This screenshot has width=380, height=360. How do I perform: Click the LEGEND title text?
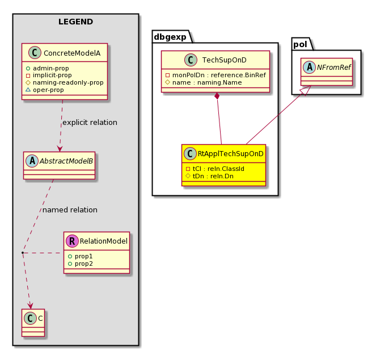pos(75,22)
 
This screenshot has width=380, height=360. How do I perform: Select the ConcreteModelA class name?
pos(72,53)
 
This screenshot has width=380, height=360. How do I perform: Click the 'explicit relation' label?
pos(90,123)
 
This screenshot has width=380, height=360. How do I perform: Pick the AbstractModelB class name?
pos(66,161)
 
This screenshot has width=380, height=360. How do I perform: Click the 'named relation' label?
pos(70,210)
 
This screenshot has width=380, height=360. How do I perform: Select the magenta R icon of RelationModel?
pos(72,241)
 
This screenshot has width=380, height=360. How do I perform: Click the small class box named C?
pos(33,323)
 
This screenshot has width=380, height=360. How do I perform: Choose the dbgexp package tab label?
pos(170,37)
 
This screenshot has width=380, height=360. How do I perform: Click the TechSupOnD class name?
pos(225,60)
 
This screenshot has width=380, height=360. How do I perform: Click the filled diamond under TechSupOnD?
pos(217,96)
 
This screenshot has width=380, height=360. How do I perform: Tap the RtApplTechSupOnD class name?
pos(230,154)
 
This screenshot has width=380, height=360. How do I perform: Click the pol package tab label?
pos(300,44)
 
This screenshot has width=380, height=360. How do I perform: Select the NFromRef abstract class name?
pos(334,68)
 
